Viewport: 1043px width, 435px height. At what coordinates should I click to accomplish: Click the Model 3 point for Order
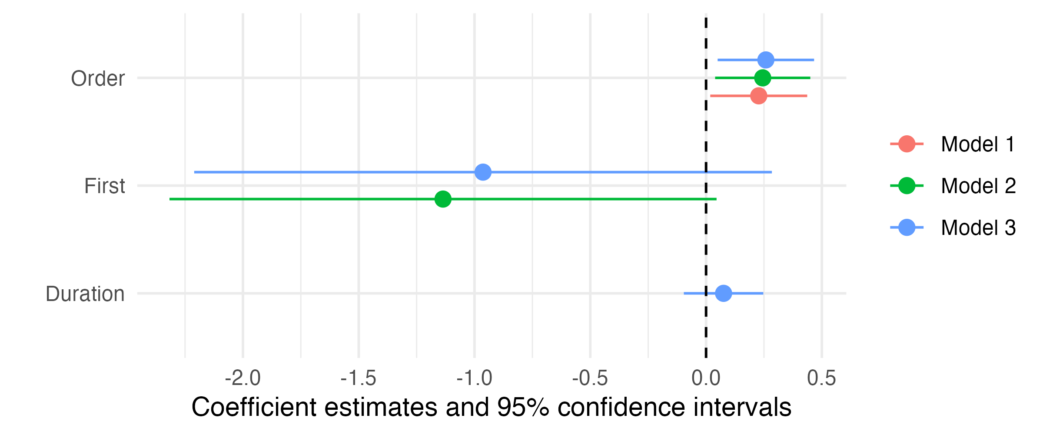coord(765,60)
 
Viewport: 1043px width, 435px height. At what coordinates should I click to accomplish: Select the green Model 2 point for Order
coord(762,78)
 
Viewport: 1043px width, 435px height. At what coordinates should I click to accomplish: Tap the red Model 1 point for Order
coord(758,96)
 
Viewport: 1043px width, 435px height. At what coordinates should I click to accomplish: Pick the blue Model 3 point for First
coord(483,172)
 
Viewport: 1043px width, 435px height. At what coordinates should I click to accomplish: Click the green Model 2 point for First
coord(442,199)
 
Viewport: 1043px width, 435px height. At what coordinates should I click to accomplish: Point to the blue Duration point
coord(723,293)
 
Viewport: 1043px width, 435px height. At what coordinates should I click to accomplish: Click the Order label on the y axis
coord(98,79)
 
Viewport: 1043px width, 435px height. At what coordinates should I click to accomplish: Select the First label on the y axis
coord(104,186)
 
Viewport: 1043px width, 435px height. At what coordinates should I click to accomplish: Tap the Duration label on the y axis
coord(85,294)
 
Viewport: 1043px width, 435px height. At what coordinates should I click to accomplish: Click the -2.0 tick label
coord(242,378)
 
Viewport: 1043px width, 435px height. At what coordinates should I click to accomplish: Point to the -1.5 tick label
coord(358,378)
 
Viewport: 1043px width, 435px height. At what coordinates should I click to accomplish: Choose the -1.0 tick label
coord(474,378)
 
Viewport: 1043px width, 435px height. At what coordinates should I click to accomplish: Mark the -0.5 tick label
coord(590,378)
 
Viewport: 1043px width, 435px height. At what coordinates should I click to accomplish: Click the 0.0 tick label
coord(706,378)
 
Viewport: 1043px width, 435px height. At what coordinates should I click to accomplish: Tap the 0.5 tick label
coord(821,378)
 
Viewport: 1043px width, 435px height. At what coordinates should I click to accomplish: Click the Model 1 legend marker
coord(907,144)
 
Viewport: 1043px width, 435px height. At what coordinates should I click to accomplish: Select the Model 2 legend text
coord(978,186)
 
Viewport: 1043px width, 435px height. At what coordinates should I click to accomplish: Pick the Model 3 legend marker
coord(907,228)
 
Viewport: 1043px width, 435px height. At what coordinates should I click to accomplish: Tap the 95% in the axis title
coord(523,408)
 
